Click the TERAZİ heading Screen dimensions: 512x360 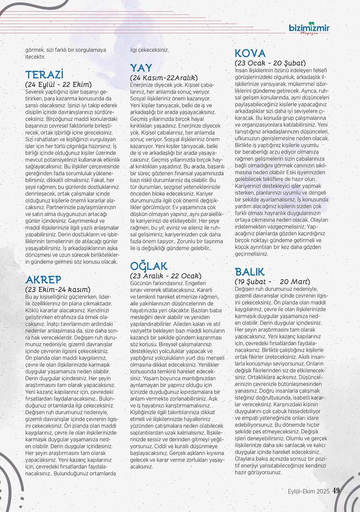tap(44, 75)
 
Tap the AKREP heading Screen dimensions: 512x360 tap(43, 280)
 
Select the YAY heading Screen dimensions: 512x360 tap(141, 68)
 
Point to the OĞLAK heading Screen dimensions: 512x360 tap(149, 266)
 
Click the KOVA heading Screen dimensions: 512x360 tap(250, 54)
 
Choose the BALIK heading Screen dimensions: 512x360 tap(249, 272)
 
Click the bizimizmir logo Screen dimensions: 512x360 tap(309, 28)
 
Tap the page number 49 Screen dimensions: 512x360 tap(336, 491)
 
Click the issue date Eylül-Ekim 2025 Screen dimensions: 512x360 tap(309, 491)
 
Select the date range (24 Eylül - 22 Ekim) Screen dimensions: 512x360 tap(59, 85)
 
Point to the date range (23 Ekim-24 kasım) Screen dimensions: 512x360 tap(58, 289)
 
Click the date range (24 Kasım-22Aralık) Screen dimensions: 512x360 tap(164, 78)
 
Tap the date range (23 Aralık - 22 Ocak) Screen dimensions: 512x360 tap(166, 276)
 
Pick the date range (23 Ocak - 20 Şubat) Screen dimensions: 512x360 tap(270, 63)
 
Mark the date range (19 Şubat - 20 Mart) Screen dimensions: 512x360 tap(272, 282)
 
